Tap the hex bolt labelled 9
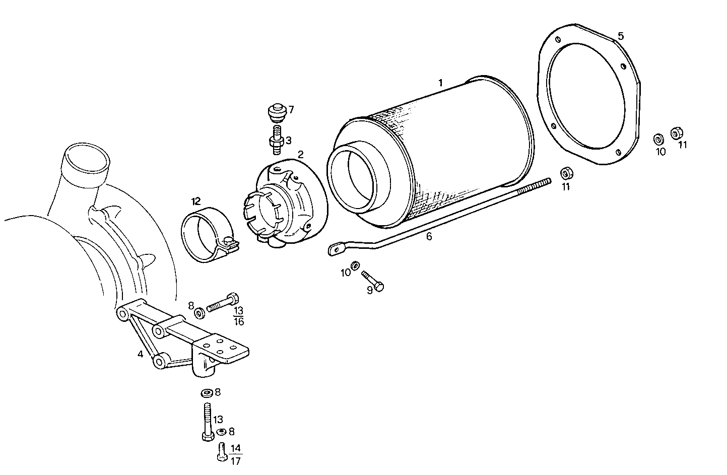(373, 280)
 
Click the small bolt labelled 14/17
(222, 451)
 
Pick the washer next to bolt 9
(355, 265)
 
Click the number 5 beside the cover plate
(621, 36)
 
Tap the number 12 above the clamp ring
(195, 201)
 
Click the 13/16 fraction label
(239, 316)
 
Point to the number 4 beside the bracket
(140, 354)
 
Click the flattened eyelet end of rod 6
(335, 249)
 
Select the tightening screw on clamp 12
(230, 244)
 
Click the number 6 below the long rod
(429, 235)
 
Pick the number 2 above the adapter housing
(300, 154)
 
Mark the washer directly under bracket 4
(206, 392)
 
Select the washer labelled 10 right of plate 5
(658, 139)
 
